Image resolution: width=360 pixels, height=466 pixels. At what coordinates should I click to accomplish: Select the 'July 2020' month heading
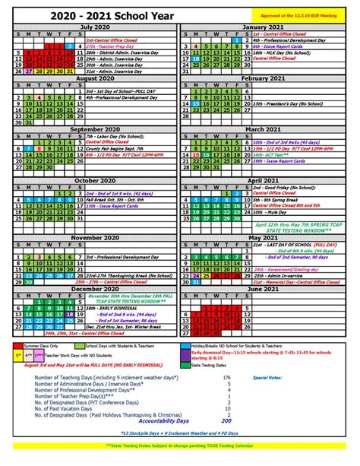pyautogui.click(x=90, y=26)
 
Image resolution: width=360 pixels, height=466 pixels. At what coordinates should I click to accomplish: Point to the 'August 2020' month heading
pyautogui.click(x=90, y=78)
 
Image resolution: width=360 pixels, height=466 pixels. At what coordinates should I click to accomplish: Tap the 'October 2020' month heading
pyautogui.click(x=90, y=179)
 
